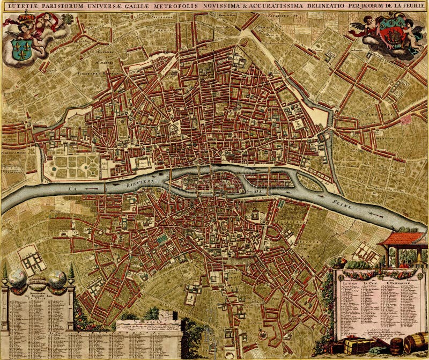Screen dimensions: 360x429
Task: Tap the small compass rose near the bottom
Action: point(262,335)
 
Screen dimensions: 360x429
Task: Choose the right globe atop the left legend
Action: point(56,277)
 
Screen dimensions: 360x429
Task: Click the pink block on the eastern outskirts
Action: point(406,120)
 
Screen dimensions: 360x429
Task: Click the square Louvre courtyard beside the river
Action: point(143,163)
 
